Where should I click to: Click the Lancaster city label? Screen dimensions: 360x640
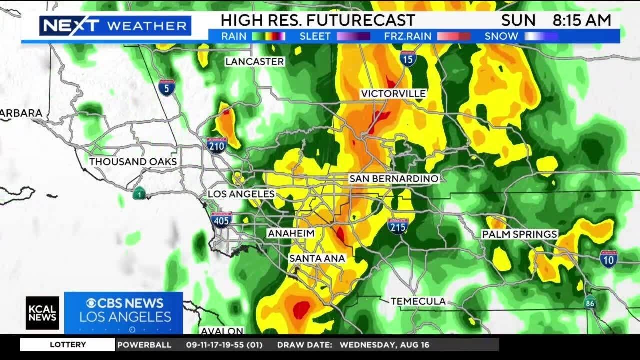(254, 61)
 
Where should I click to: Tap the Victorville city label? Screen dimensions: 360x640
(393, 94)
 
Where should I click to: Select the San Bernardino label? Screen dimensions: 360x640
(394, 178)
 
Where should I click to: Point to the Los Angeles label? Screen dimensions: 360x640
(241, 194)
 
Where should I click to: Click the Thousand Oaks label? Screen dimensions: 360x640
(133, 162)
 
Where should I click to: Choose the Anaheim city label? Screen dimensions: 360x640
(291, 233)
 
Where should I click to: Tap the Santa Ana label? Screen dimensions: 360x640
(317, 258)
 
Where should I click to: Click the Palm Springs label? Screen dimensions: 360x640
(519, 234)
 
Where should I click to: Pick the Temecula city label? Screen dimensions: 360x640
(418, 301)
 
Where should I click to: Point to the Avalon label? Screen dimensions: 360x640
(222, 331)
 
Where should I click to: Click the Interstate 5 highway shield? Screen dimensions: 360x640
(167, 88)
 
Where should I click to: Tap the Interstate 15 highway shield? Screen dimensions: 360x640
(408, 59)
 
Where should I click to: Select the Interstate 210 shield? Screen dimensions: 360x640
(217, 144)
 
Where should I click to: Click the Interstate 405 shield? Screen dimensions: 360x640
(221, 219)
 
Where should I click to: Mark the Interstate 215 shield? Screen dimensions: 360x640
(398, 226)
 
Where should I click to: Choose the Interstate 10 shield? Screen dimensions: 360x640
(608, 258)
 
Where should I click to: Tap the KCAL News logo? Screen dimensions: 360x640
(42, 313)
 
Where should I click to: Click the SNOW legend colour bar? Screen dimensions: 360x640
(541, 36)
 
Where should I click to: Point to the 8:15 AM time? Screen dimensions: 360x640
(582, 20)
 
